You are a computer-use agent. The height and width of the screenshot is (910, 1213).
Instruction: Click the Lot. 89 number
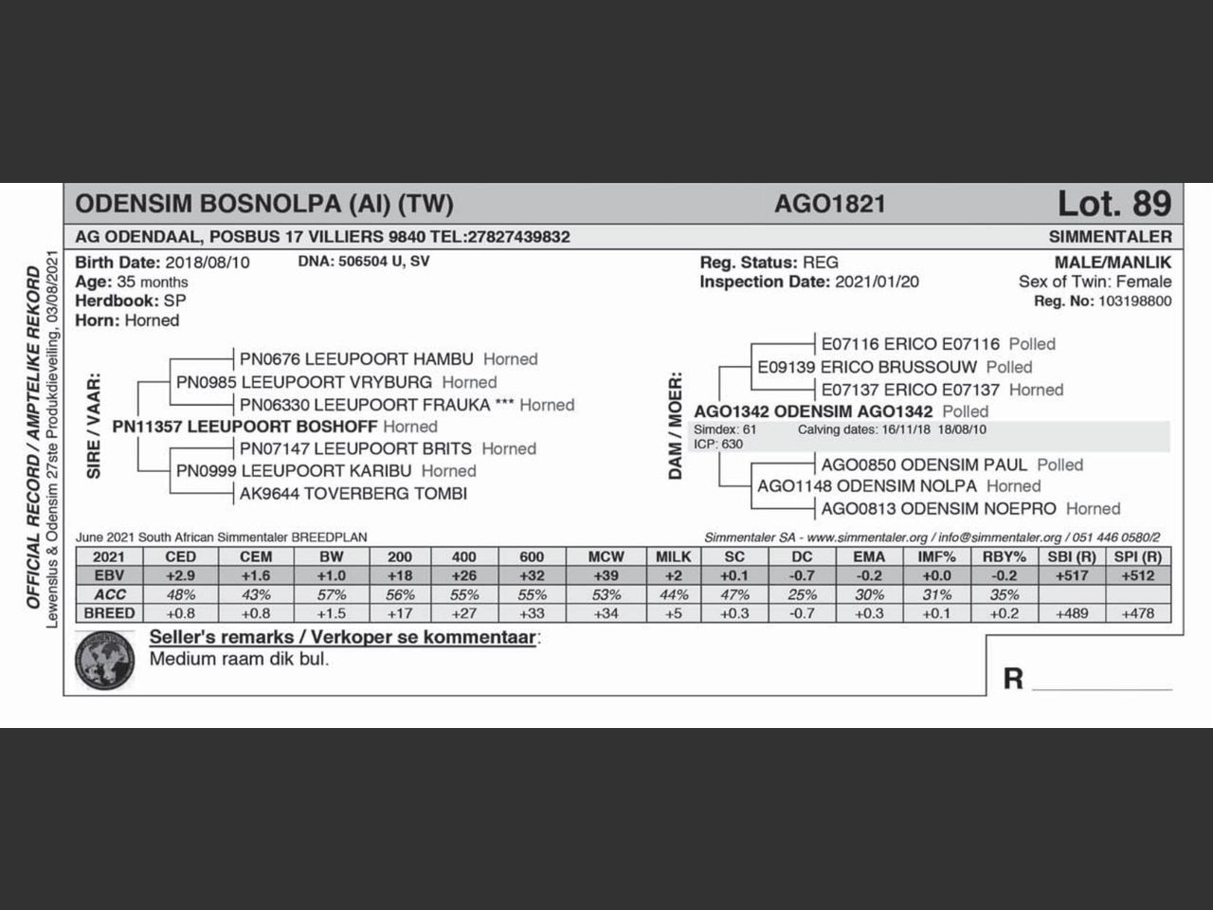[1113, 204]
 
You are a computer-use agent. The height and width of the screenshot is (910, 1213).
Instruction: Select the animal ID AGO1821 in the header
[829, 204]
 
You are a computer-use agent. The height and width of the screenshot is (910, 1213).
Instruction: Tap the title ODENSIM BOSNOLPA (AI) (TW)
[264, 204]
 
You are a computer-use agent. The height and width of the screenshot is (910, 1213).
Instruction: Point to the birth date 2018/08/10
[208, 263]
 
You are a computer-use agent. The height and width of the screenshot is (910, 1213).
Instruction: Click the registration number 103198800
[1134, 301]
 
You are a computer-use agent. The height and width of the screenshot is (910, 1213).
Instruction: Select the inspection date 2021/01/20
[877, 282]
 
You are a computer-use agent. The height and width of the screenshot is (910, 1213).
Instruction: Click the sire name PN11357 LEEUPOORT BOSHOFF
[244, 427]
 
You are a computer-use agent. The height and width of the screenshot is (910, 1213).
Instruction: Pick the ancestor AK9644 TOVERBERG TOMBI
[353, 493]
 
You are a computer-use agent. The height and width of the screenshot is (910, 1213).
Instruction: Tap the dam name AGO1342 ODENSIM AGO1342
[813, 411]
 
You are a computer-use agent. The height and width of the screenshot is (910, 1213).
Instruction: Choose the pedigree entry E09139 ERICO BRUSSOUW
[866, 367]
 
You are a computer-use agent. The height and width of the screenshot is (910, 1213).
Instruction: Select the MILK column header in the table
[674, 556]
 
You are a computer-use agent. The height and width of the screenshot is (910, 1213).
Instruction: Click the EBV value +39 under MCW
[606, 575]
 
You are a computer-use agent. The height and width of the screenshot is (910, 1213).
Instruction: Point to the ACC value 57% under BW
[331, 594]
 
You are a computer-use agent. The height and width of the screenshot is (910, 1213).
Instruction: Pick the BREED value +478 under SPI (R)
[1138, 613]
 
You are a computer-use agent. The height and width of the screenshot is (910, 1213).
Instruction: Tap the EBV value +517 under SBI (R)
[1071, 575]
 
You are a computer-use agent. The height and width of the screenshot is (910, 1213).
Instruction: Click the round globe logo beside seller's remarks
[105, 661]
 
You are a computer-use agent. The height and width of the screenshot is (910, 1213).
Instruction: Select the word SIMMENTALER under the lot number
[1110, 236]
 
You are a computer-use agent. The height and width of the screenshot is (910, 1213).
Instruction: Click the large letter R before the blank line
[1013, 679]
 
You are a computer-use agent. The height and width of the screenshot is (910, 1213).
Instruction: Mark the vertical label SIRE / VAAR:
[94, 427]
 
